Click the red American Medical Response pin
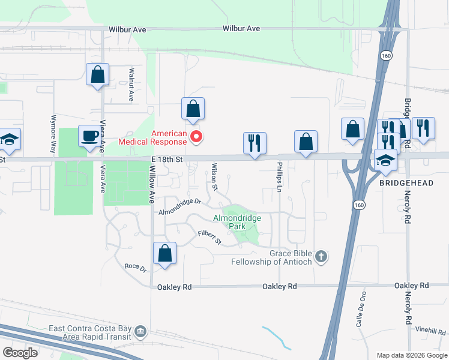pos(196,138)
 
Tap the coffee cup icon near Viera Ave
pos(90,136)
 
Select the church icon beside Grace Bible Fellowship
pos(321,257)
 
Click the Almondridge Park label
pos(229,223)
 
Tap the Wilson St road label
pos(215,178)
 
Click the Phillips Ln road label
pos(280,176)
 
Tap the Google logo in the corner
pos(20,353)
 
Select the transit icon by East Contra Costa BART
pos(140,331)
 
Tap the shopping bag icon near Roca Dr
pos(164,253)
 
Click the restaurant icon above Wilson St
pos(255,143)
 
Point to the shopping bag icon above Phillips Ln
pos(306,141)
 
